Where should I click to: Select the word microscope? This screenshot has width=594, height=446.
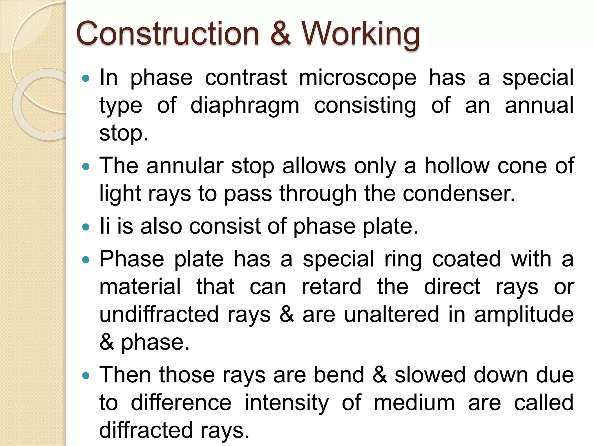(x=357, y=78)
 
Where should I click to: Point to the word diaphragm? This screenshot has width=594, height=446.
(x=245, y=106)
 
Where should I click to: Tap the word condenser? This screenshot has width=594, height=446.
(x=459, y=193)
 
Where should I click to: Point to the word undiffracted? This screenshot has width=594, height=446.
(x=159, y=314)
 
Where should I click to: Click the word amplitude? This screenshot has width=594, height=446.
(x=524, y=314)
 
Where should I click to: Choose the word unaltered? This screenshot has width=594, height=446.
(x=392, y=314)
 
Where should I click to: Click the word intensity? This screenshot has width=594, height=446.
(x=287, y=403)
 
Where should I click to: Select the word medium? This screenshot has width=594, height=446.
(x=414, y=403)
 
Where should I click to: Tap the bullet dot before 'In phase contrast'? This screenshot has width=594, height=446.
(x=86, y=78)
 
